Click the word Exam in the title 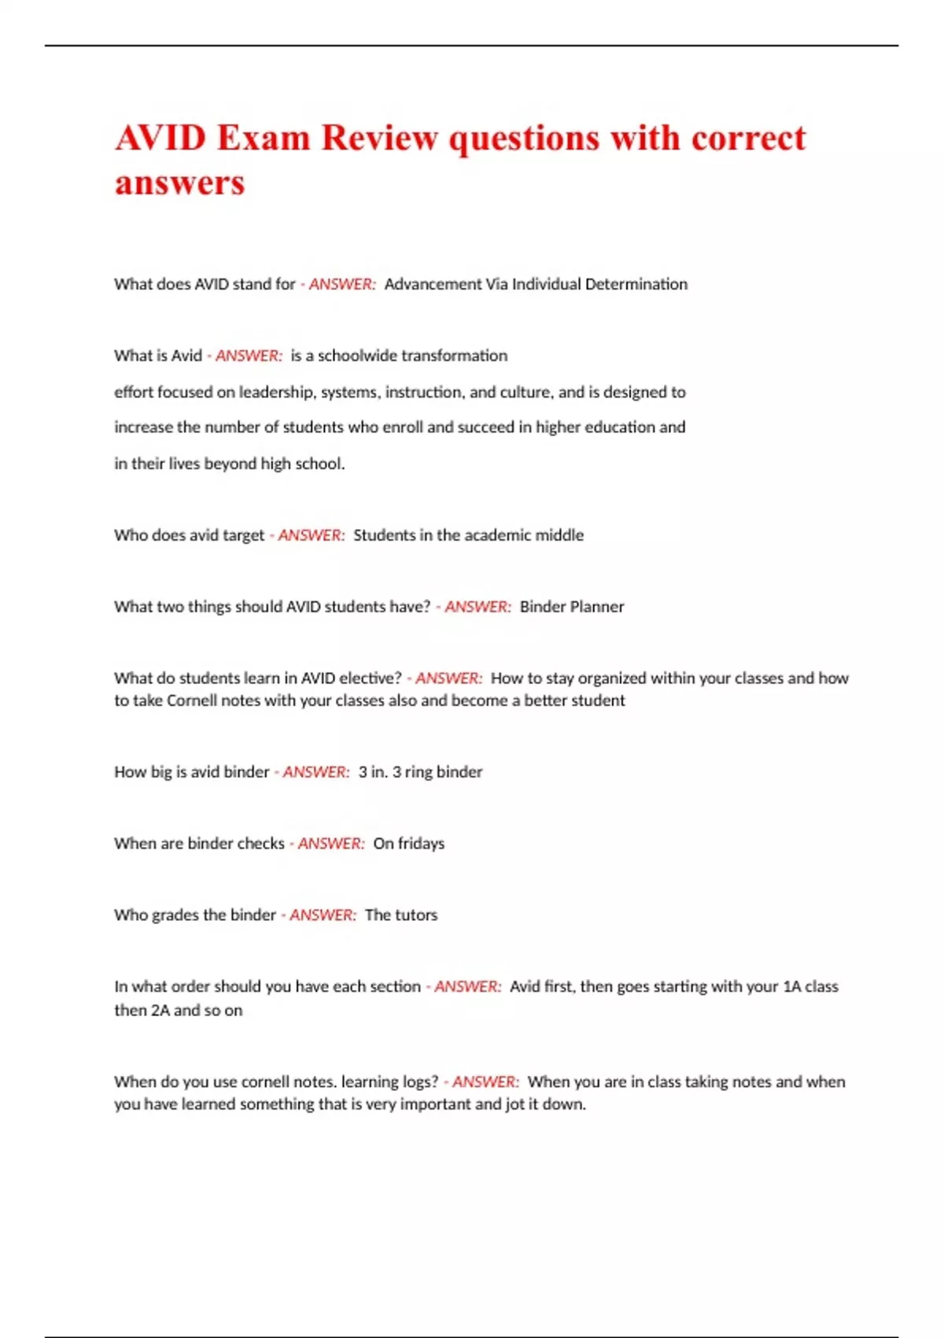pyautogui.click(x=263, y=138)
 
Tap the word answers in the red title pyautogui.click(x=179, y=183)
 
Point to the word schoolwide pyautogui.click(x=358, y=356)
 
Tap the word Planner pyautogui.click(x=597, y=607)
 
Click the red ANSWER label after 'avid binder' pyautogui.click(x=315, y=772)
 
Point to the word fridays pyautogui.click(x=421, y=844)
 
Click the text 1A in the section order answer pyautogui.click(x=791, y=987)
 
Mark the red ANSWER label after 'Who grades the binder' pyautogui.click(x=323, y=915)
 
